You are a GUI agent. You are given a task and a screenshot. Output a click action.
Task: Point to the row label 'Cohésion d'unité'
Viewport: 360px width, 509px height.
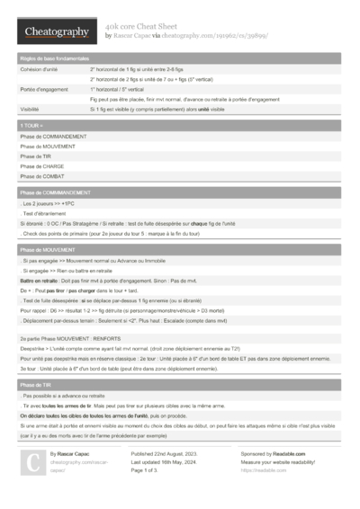pyautogui.click(x=40, y=68)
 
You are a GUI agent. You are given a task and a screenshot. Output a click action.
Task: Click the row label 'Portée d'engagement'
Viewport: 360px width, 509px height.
pyautogui.click(x=43, y=89)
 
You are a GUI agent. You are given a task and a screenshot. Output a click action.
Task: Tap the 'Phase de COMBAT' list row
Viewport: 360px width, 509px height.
pyautogui.click(x=42, y=176)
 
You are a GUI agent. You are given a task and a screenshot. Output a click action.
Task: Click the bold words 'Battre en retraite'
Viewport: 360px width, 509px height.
pyautogui.click(x=39, y=279)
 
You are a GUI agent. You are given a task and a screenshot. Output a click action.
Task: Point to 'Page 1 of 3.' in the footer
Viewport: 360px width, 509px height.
pyautogui.click(x=145, y=470)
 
